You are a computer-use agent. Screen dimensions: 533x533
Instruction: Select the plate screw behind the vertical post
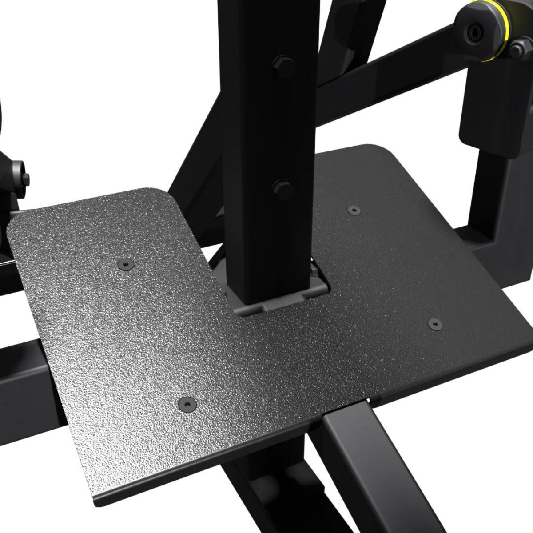click(353, 209)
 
